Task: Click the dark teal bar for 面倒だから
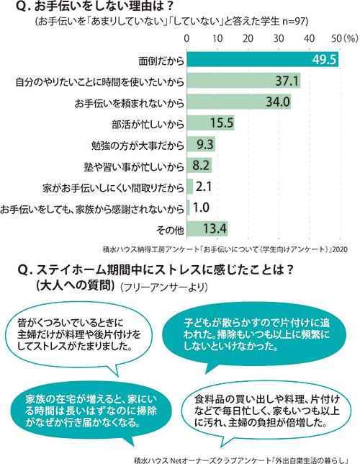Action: point(262,59)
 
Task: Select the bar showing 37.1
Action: point(243,80)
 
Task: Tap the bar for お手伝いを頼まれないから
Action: point(239,102)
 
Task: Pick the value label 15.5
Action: point(222,122)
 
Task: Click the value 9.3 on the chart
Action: point(205,144)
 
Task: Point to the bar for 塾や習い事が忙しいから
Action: point(199,165)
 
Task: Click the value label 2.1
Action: point(203,187)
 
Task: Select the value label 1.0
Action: point(201,208)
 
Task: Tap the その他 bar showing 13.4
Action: point(207,228)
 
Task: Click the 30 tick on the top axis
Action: point(279,38)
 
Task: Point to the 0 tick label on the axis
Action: point(186,38)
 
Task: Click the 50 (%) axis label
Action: point(345,38)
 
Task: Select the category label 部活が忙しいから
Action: point(148,125)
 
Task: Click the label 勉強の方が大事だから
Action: point(138,146)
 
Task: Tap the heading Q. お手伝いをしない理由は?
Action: point(94,6)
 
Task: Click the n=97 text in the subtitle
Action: point(295,22)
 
